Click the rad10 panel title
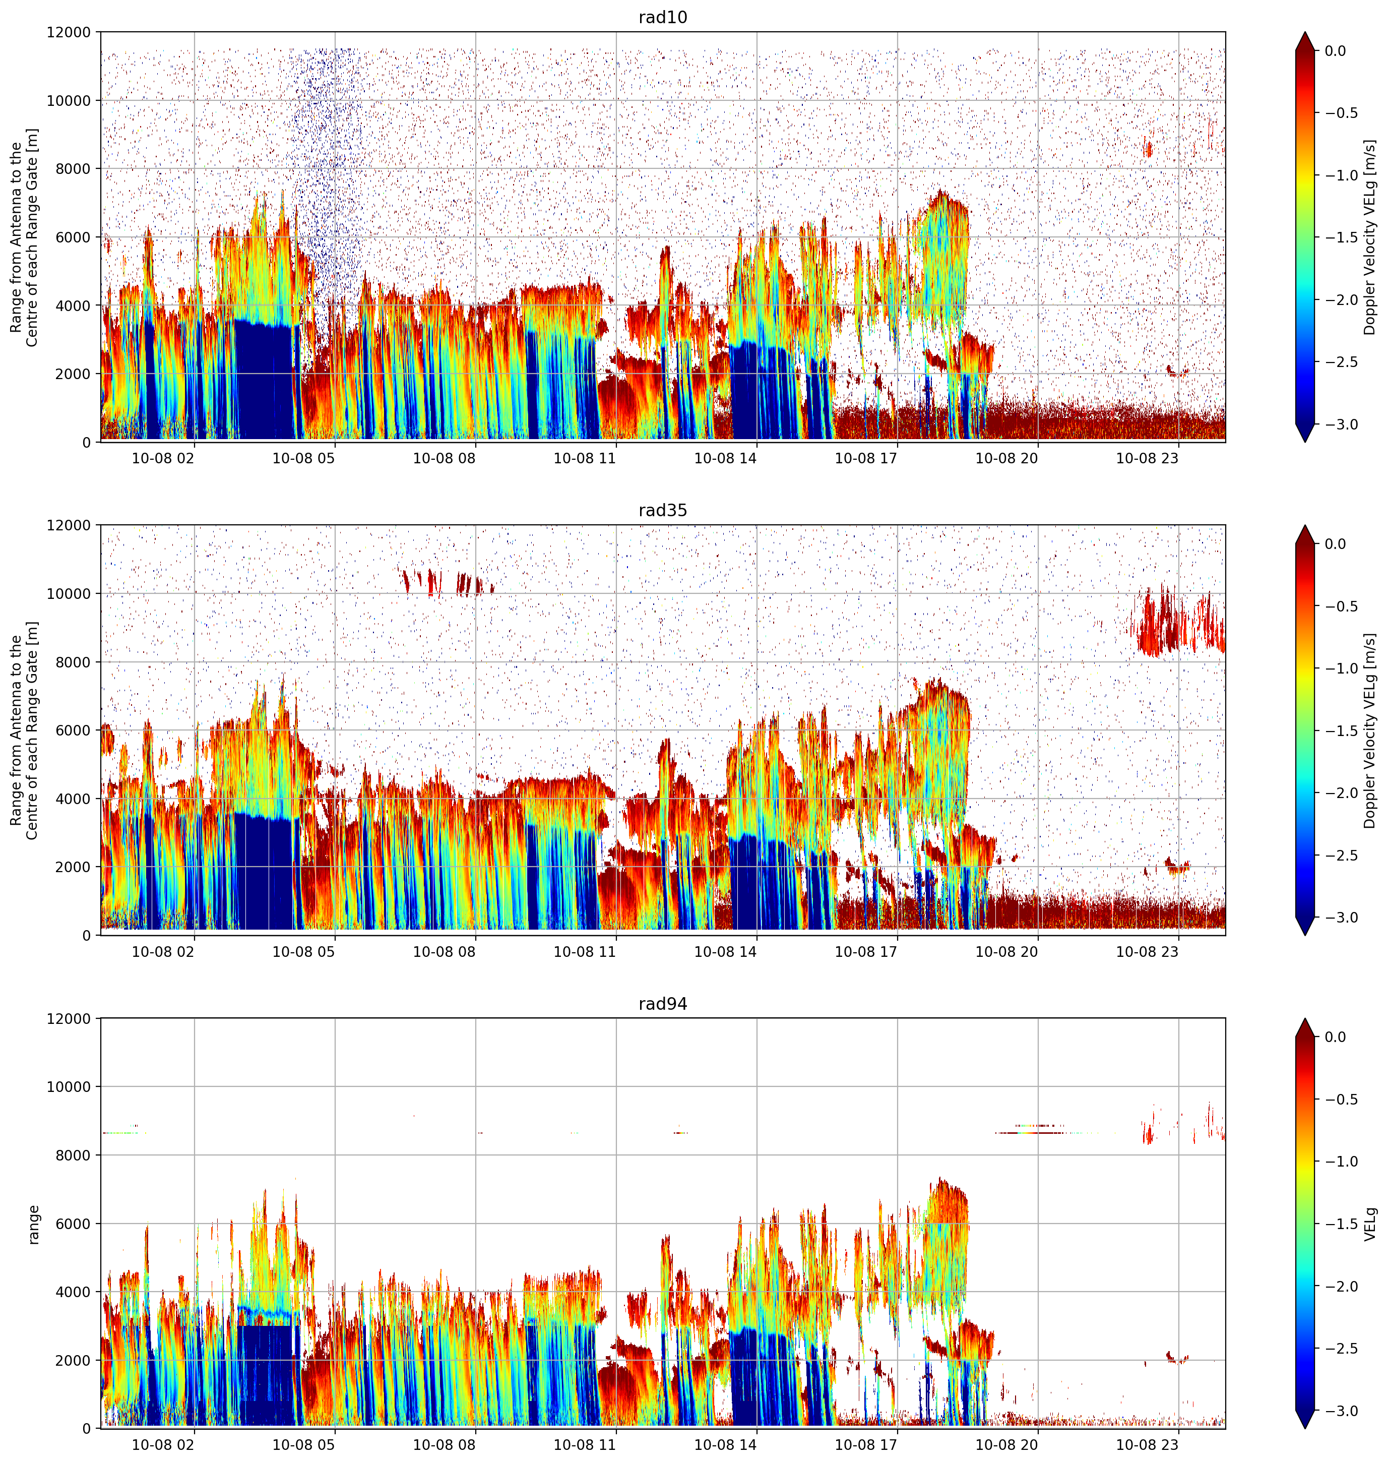tap(662, 17)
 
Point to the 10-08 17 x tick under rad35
tap(866, 951)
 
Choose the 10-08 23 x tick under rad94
tap(1147, 1444)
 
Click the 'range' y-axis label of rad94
tap(33, 1224)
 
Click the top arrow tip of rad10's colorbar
tap(1305, 32)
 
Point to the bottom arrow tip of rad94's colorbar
tap(1305, 1429)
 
